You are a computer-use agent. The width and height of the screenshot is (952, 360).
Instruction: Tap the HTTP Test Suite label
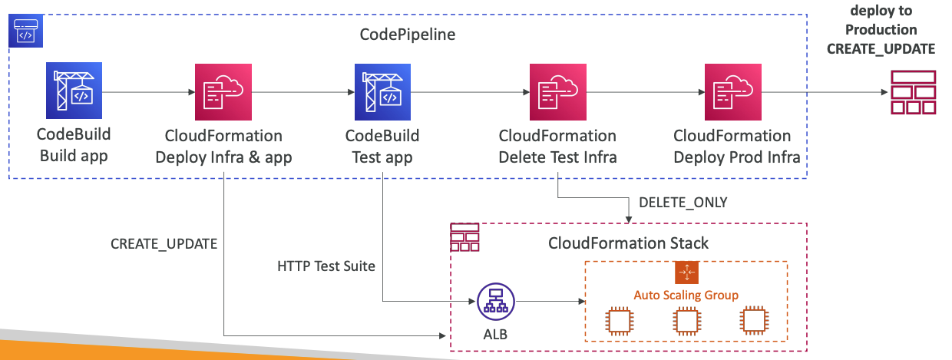[326, 266]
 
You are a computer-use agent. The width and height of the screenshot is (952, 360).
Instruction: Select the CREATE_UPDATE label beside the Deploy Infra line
[164, 244]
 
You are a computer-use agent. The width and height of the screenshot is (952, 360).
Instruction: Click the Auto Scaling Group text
[686, 295]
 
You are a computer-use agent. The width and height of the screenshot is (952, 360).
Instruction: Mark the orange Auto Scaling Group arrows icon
[686, 272]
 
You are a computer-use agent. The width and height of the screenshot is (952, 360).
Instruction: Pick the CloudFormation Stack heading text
[628, 243]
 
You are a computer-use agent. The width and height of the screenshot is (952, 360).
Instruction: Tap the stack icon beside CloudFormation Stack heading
[464, 238]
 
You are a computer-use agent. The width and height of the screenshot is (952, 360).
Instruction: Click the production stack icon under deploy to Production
[913, 93]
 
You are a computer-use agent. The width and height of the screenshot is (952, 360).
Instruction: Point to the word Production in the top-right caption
[881, 30]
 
